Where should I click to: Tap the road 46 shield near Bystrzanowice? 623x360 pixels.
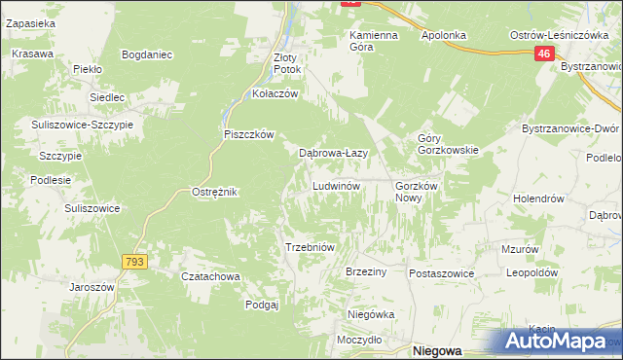click(544, 56)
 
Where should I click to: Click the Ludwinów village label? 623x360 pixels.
click(337, 185)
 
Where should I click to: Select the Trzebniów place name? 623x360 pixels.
click(310, 247)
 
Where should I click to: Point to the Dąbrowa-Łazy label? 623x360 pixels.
click(332, 153)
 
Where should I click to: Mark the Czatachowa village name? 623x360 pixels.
click(211, 276)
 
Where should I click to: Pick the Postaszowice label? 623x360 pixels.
click(441, 273)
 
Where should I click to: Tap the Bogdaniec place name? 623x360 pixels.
click(147, 54)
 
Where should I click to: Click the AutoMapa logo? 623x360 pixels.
click(559, 342)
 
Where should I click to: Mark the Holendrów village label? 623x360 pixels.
click(539, 198)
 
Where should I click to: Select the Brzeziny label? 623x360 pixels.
click(367, 272)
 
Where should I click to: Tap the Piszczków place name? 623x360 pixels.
click(250, 134)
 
